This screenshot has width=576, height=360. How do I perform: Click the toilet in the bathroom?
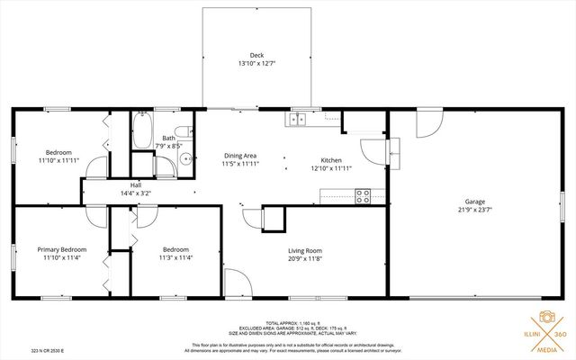181,130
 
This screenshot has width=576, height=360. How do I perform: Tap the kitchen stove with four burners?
364,195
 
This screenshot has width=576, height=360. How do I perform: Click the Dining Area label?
239,156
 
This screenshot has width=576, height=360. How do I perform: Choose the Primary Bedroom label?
61,249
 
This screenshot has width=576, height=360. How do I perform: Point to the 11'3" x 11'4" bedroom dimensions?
175,257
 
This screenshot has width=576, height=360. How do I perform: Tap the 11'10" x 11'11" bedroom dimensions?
58,160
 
